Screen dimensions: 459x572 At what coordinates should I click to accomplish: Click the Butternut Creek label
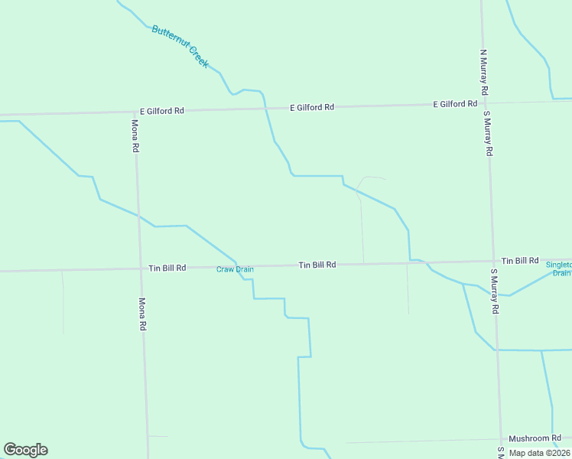pyautogui.click(x=180, y=47)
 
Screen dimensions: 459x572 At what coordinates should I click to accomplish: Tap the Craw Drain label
pyautogui.click(x=235, y=269)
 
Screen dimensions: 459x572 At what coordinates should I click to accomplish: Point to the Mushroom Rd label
pyautogui.click(x=535, y=438)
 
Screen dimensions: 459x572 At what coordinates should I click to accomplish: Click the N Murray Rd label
pyautogui.click(x=483, y=68)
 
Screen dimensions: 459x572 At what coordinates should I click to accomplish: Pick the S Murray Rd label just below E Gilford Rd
pyautogui.click(x=487, y=133)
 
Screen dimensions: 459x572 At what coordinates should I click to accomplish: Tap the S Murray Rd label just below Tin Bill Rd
pyautogui.click(x=495, y=291)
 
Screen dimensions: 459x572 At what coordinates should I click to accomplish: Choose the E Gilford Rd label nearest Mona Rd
pyautogui.click(x=161, y=110)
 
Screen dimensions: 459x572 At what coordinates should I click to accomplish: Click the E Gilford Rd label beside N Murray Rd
pyautogui.click(x=455, y=104)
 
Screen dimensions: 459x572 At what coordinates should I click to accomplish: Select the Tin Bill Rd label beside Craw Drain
pyautogui.click(x=167, y=268)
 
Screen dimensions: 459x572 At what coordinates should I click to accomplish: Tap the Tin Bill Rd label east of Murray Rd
pyautogui.click(x=520, y=261)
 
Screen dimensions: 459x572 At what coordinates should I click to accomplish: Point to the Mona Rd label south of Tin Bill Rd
pyautogui.click(x=141, y=314)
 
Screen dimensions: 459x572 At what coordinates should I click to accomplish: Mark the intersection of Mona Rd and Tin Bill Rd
pyautogui.click(x=138, y=268)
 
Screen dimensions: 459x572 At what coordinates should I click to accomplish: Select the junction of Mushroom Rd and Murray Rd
pyautogui.click(x=501, y=440)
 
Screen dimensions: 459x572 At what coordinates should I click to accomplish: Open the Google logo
pyautogui.click(x=25, y=450)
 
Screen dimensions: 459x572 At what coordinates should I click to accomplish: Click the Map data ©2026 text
pyautogui.click(x=539, y=453)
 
